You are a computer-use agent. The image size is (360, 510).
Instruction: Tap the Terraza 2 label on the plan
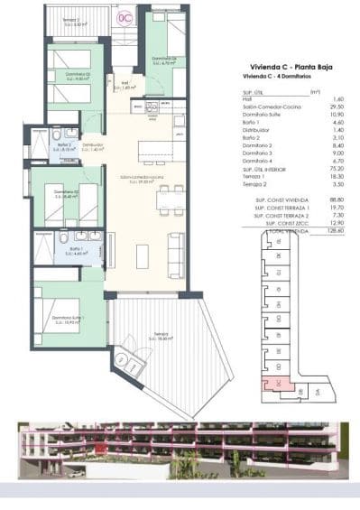(x=68, y=22)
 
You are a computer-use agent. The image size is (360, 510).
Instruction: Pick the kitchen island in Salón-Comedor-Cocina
(x=158, y=149)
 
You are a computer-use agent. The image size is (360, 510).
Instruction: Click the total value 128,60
(x=314, y=231)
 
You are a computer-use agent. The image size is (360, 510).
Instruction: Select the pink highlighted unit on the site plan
(x=269, y=385)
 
